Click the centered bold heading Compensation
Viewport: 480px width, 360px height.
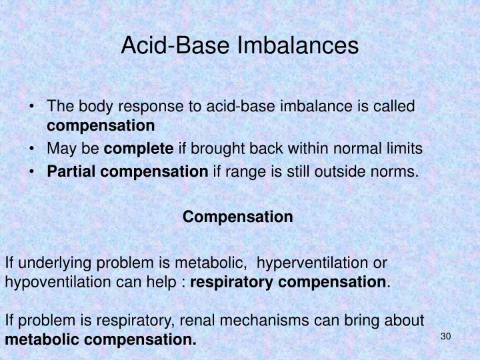[x=238, y=217]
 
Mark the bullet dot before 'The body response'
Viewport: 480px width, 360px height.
[x=34, y=107]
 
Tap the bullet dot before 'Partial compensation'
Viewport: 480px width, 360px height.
[x=34, y=172]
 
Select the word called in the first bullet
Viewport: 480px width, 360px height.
[x=397, y=106]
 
